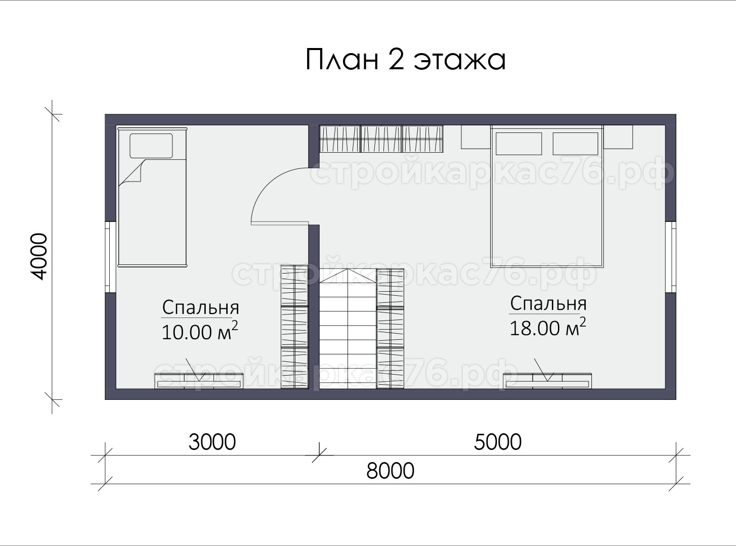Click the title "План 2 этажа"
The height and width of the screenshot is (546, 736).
(405, 60)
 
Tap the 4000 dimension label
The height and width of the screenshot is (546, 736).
(38, 256)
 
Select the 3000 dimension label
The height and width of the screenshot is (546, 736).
(212, 442)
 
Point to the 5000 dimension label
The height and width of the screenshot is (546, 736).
(498, 442)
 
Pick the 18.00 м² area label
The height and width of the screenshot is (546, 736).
(548, 328)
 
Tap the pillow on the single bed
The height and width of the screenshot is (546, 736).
(151, 146)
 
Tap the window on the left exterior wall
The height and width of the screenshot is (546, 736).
(110, 257)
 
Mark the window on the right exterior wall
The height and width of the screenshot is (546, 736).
(671, 257)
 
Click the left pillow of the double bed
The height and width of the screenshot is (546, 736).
(518, 144)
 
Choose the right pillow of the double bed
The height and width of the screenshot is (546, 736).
(575, 144)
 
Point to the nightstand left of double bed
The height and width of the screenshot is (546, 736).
(476, 136)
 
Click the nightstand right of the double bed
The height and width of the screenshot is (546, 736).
(618, 136)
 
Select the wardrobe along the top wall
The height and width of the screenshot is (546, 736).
(381, 139)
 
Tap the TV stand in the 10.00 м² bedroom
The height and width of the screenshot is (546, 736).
(199, 381)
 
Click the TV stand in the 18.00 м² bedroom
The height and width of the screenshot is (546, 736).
(547, 381)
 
